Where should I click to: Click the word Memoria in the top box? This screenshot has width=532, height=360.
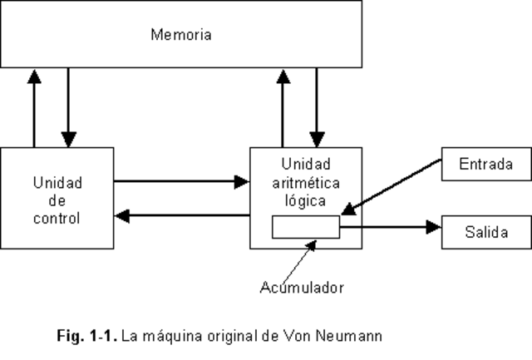click(181, 35)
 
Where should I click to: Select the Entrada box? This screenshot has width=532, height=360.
click(485, 165)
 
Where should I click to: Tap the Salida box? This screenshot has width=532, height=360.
click(485, 231)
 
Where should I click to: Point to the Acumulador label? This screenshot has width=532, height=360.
click(301, 288)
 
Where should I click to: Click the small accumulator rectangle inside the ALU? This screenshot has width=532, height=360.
click(306, 227)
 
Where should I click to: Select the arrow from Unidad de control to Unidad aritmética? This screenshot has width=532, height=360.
click(182, 180)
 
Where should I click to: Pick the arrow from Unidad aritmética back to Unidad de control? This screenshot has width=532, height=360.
click(182, 216)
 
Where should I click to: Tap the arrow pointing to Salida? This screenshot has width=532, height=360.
click(391, 226)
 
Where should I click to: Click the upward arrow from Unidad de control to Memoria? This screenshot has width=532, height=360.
click(33, 107)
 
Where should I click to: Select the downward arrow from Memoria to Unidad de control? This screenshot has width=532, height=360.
click(68, 107)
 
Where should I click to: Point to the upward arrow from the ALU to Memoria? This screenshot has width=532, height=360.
click(283, 107)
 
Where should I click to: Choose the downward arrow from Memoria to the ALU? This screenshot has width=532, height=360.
click(316, 107)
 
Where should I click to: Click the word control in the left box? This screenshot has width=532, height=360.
click(57, 219)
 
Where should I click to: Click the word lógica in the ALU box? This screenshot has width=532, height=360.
click(306, 201)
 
